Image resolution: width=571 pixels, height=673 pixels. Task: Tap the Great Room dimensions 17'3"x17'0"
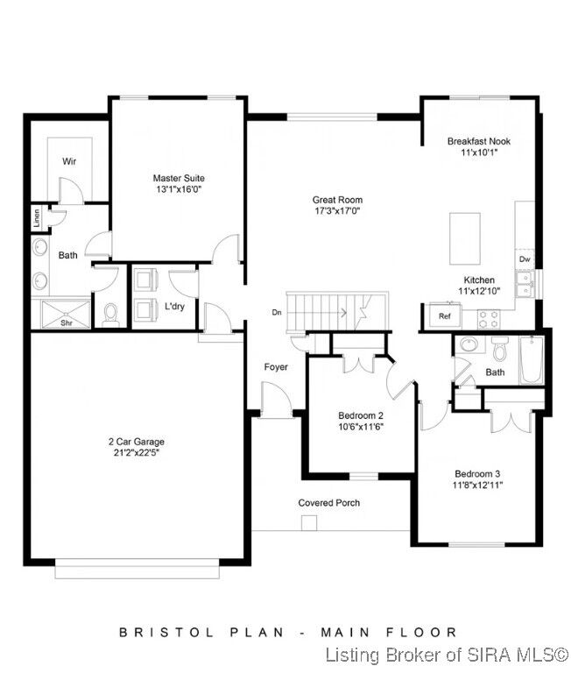coord(337,210)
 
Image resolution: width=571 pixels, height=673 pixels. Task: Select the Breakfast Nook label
coord(478,140)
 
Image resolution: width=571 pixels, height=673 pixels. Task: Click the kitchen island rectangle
coord(465,237)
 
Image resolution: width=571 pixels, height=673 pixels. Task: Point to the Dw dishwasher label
coord(524,259)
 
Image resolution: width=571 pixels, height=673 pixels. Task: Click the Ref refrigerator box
coord(444,315)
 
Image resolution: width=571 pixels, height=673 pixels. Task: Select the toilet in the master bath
coord(110,314)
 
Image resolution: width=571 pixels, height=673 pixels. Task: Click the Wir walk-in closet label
coord(68,161)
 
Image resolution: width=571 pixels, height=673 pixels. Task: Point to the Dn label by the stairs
coord(277,312)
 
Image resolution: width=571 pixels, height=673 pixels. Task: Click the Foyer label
coord(276,366)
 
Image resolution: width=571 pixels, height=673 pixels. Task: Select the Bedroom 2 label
coord(361,415)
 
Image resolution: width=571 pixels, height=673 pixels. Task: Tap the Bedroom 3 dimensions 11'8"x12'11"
coord(477,485)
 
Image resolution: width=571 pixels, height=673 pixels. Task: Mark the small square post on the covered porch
coord(308,523)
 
